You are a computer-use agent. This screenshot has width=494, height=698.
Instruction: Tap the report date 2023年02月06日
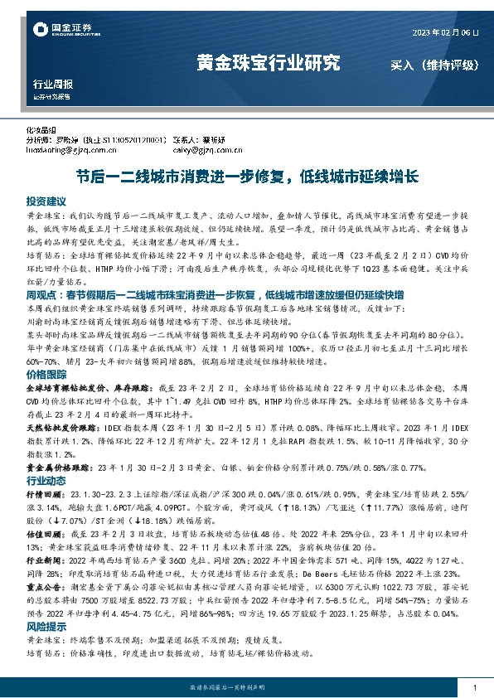pos(445,32)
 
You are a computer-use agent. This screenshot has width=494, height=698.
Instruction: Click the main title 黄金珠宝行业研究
pos(269,63)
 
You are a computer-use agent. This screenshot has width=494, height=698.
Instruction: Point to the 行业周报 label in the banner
pos(53,84)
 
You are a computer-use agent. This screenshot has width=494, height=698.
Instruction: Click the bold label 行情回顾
pos(41,492)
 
